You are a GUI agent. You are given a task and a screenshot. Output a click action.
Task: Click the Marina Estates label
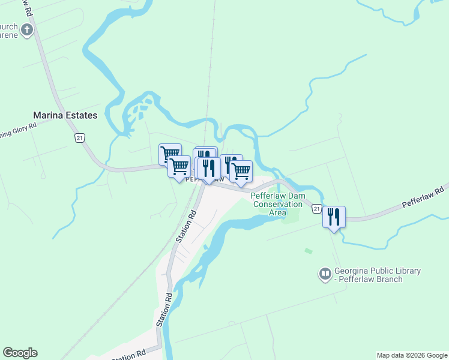(65, 115)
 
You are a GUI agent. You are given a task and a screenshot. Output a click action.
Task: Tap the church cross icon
(26, 29)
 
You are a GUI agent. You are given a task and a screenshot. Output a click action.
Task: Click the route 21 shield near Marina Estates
(80, 138)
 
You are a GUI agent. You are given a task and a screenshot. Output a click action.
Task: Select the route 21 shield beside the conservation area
(315, 208)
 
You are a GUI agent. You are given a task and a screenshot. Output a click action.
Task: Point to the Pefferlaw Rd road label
(423, 198)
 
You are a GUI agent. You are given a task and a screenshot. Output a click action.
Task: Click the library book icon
(325, 275)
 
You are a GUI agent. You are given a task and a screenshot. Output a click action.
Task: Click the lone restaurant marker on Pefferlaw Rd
(334, 217)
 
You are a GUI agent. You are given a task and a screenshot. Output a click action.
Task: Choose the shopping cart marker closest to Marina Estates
(170, 154)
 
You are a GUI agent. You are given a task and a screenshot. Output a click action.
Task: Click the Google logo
(20, 353)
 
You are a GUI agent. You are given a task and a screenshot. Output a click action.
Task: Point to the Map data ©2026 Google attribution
(412, 355)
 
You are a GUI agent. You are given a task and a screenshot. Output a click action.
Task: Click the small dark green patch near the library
(309, 250)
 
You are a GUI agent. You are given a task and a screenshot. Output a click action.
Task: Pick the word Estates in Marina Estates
(81, 115)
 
